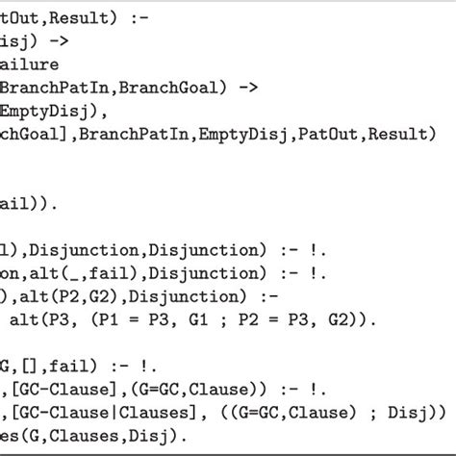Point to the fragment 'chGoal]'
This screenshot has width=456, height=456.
click(x=30, y=135)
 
